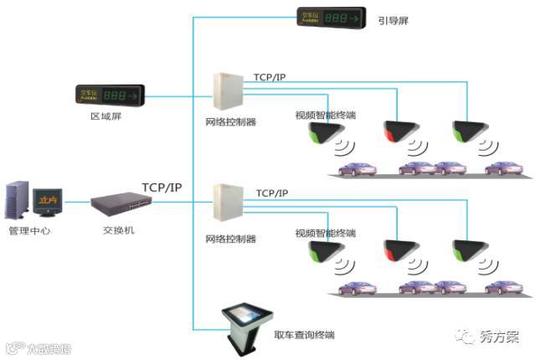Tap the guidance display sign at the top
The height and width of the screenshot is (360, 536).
pyautogui.click(x=332, y=17)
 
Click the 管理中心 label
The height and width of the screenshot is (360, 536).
pyautogui.click(x=29, y=230)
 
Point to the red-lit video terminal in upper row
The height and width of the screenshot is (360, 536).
pyautogui.click(x=396, y=131)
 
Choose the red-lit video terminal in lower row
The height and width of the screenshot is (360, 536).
pyautogui.click(x=396, y=249)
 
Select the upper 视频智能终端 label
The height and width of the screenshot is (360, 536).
pyautogui.click(x=325, y=115)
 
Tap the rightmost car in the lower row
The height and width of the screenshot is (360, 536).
pyautogui.click(x=502, y=287)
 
